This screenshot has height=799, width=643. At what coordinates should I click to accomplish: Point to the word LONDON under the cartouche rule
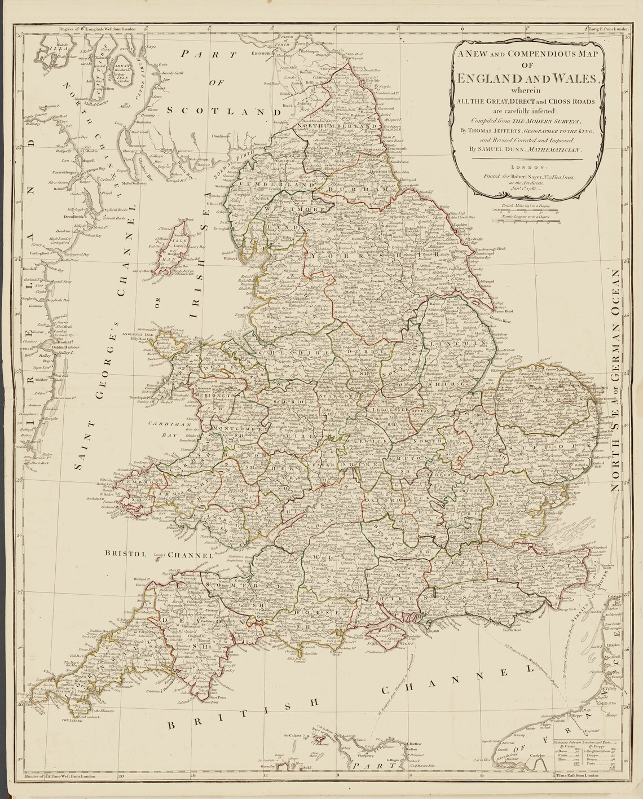pyautogui.click(x=530, y=167)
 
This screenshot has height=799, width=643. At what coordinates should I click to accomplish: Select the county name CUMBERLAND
pyautogui.click(x=271, y=185)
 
